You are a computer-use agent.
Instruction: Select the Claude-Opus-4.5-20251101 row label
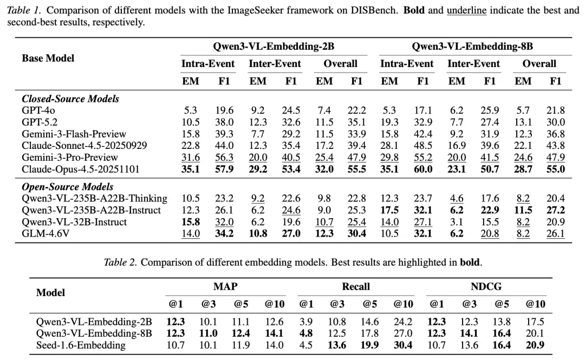coord(81,169)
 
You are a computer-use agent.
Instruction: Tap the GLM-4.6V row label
coord(45,233)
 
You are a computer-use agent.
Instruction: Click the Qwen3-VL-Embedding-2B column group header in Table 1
coord(274,47)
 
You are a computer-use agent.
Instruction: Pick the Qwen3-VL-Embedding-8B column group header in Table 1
coord(472,47)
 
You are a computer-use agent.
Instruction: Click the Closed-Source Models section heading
coord(70,99)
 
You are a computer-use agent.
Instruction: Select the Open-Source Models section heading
coord(68,187)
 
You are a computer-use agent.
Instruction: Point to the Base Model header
coord(48,58)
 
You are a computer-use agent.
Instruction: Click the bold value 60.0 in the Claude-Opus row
coord(423,169)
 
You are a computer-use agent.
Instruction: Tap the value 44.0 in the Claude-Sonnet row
coord(224,146)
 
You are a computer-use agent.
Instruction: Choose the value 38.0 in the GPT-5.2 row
coord(224,122)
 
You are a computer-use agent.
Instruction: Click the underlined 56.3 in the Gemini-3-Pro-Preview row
coord(224,158)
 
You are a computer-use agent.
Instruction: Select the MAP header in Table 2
coord(225,286)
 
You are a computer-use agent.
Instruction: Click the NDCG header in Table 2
coord(486,286)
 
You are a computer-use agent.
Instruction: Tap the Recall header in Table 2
coord(356,286)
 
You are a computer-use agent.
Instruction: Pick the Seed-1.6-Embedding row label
coord(81,345)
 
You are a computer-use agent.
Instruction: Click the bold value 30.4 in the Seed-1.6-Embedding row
coord(403,345)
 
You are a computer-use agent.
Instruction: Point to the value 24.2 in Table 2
coord(403,322)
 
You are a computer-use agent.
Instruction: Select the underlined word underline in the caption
coord(467,10)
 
